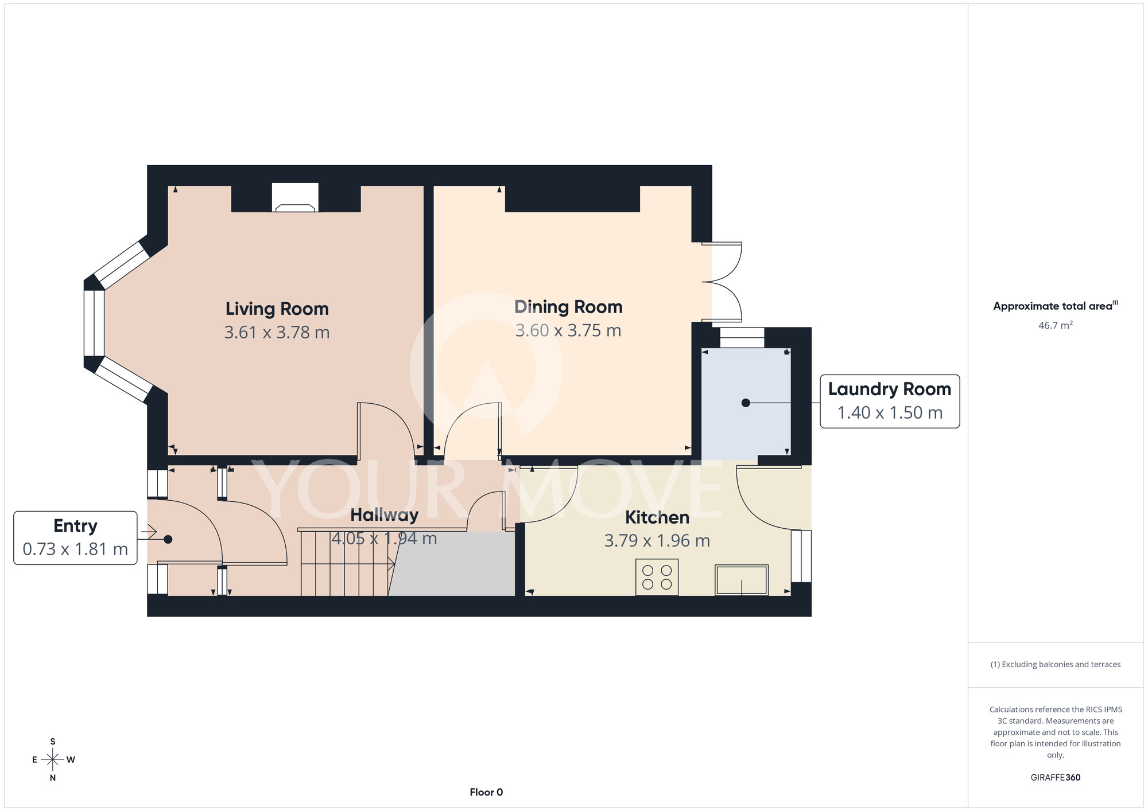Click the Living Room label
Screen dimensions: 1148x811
[x=277, y=309]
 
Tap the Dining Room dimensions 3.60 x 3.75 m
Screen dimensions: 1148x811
[x=568, y=330]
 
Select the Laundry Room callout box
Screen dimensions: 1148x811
[x=890, y=401]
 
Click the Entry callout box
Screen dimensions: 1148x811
[x=75, y=538]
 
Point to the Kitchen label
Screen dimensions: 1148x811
[x=657, y=517]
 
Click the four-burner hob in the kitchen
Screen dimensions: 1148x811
[x=657, y=577]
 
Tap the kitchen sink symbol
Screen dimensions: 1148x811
[x=742, y=580]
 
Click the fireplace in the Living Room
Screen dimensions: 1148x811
[x=295, y=198]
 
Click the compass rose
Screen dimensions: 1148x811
[x=53, y=760]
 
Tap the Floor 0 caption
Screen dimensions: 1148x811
[x=486, y=792]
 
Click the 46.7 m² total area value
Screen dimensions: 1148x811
[x=1056, y=325]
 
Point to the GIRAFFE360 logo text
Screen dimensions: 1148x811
[x=1056, y=778]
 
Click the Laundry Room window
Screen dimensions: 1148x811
[x=742, y=338]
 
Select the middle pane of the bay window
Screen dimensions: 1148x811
[x=94, y=323]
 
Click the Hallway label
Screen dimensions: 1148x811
[x=385, y=515]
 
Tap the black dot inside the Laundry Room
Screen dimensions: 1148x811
[x=746, y=403]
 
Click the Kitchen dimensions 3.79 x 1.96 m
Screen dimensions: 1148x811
[x=657, y=541]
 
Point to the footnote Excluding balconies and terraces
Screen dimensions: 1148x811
[x=1056, y=664]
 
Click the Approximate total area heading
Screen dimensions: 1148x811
[x=1056, y=306]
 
